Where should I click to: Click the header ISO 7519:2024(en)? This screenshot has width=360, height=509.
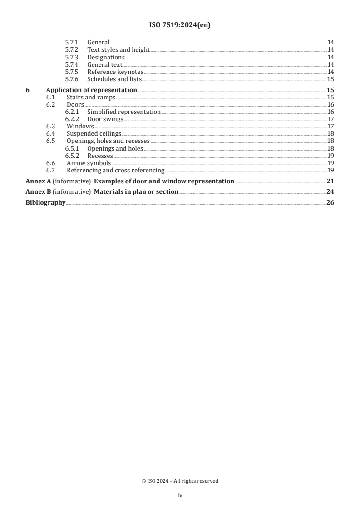[180, 25]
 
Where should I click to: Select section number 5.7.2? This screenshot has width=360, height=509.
[71, 50]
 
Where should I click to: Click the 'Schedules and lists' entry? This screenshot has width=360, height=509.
[114, 79]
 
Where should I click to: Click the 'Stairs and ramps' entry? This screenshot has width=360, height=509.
[91, 97]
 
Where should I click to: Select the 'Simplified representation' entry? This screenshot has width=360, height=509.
[123, 112]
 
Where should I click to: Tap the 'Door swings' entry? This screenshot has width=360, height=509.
[105, 119]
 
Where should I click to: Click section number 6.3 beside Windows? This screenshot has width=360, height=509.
[51, 126]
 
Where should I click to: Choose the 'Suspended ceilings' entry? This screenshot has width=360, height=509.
[94, 133]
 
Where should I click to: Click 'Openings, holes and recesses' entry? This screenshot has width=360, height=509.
[108, 141]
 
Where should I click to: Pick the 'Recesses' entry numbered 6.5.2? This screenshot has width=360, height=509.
[100, 155]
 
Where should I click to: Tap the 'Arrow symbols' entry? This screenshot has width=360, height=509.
[89, 162]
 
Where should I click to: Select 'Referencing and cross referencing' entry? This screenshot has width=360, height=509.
[115, 170]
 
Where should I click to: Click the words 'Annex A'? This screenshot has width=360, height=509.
[38, 181]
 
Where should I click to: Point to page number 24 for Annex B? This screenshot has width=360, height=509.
[330, 191]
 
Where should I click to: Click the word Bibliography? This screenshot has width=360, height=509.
[45, 202]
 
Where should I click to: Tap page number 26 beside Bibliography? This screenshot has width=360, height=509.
[330, 202]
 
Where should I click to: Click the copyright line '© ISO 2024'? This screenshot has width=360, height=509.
[180, 481]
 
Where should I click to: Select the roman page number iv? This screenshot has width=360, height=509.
[180, 495]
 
